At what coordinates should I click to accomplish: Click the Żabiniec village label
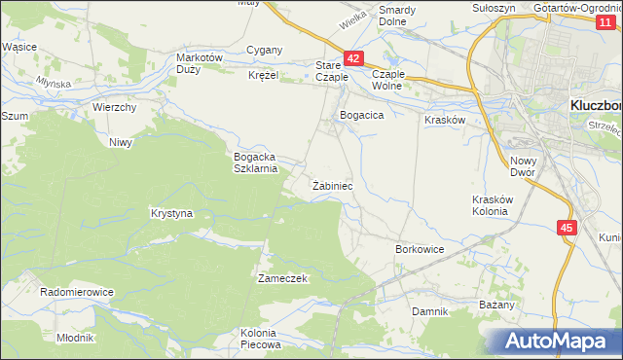pyautogui.click(x=332, y=185)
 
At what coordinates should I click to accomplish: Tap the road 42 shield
pyautogui.click(x=353, y=59)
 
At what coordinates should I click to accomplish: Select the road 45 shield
pyautogui.click(x=568, y=227)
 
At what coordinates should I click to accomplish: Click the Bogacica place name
pyautogui.click(x=362, y=115)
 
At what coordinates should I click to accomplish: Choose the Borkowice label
pyautogui.click(x=420, y=249)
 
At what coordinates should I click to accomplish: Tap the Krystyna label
pyautogui.click(x=172, y=212)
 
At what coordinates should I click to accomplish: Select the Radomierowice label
pyautogui.click(x=77, y=291)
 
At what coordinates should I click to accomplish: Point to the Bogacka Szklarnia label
pyautogui.click(x=256, y=162)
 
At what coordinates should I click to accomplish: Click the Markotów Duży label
pyautogui.click(x=200, y=63)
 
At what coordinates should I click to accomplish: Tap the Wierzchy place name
pyautogui.click(x=114, y=107)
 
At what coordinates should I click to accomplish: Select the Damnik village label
pyautogui.click(x=429, y=311)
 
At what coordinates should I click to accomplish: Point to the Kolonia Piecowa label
pyautogui.click(x=260, y=339)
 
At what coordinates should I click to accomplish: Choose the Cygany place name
pyautogui.click(x=265, y=50)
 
